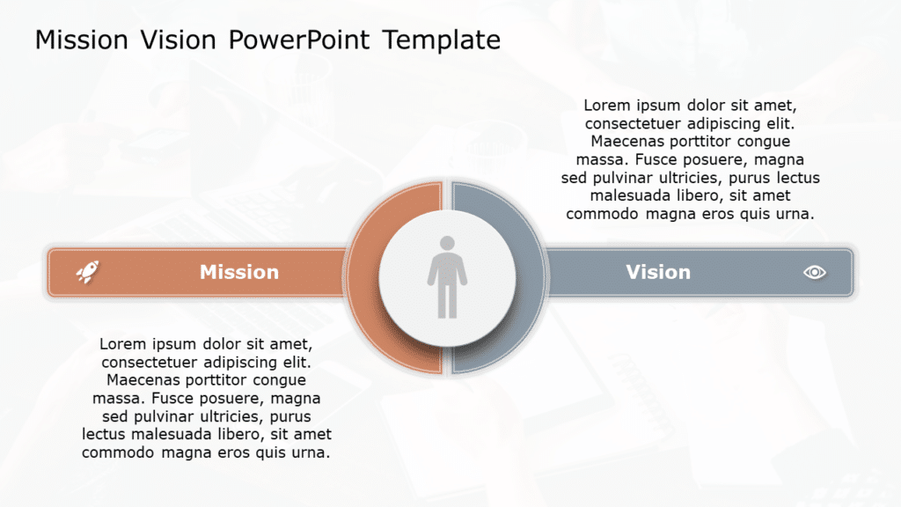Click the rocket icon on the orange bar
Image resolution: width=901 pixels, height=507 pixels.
click(87, 272)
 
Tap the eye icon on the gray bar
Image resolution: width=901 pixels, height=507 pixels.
click(815, 272)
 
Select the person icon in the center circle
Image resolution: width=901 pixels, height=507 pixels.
click(447, 276)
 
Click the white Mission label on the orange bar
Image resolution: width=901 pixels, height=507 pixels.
click(238, 272)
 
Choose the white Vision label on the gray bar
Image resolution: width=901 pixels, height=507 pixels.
click(658, 272)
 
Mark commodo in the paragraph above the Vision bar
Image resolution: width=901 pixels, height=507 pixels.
click(605, 214)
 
